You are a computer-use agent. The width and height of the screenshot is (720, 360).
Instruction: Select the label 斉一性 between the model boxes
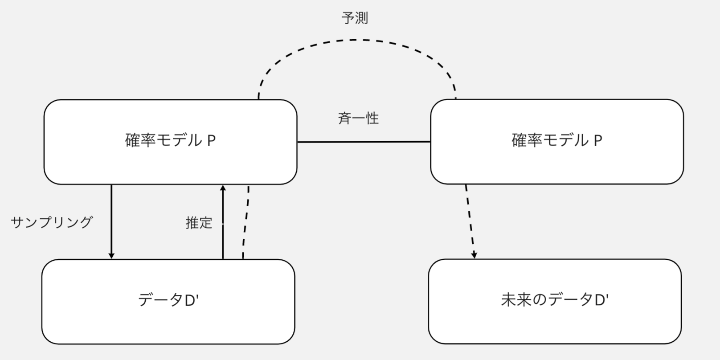point(358,119)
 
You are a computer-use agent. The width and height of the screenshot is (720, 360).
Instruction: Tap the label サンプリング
point(52,222)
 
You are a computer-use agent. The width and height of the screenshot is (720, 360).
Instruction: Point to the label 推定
point(199,223)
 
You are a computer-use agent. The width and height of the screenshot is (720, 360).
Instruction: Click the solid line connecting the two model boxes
point(364,142)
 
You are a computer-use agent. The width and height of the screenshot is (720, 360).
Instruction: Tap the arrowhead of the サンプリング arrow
point(111,255)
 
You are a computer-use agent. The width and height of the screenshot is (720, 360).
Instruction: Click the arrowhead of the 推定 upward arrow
point(223,188)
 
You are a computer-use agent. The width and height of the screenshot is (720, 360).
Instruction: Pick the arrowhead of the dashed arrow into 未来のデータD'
point(475,255)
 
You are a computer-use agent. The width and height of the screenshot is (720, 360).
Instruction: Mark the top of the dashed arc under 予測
point(356,40)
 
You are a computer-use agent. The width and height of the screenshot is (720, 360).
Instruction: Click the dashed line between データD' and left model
point(245,223)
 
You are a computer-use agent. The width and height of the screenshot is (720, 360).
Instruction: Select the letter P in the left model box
point(212,141)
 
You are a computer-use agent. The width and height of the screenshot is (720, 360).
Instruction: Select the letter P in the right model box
point(598,141)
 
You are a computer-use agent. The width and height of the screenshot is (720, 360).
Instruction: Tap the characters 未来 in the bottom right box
point(516,300)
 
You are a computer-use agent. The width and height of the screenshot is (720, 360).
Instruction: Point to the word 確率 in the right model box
point(527,141)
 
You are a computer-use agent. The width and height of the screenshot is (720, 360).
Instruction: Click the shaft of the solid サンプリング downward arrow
point(111,218)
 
